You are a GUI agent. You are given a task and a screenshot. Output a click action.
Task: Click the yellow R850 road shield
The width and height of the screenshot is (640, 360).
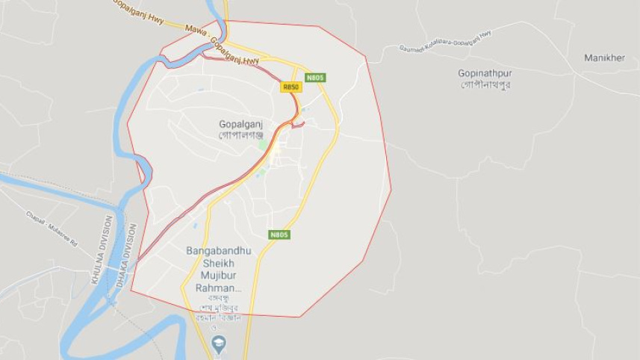[x=291, y=87]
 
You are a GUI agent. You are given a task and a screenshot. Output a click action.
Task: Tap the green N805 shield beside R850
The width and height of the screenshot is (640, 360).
[x=315, y=77]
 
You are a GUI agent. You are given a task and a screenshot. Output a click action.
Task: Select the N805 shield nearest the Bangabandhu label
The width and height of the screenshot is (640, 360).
[x=279, y=235]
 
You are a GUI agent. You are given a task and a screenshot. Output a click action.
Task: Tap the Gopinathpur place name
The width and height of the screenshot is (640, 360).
[x=485, y=73]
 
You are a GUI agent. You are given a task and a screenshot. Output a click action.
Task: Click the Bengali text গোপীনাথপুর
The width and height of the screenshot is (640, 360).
[x=485, y=84]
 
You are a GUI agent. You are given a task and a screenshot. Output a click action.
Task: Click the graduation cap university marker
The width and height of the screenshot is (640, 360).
[x=219, y=344]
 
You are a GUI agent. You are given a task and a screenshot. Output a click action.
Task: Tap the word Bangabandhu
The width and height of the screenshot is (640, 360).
[x=218, y=251]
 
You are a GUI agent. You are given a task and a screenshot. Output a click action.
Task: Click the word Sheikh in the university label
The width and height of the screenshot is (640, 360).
[x=218, y=264]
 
